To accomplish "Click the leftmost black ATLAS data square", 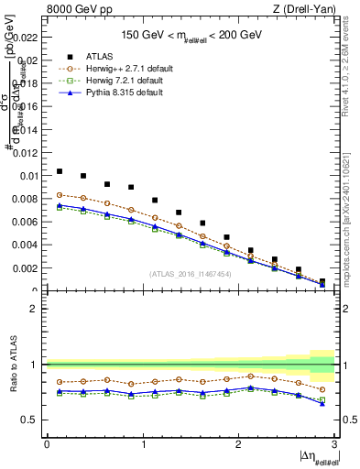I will [60, 171].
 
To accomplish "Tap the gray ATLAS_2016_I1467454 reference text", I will [190, 273].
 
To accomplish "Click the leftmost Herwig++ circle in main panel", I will [60, 195].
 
